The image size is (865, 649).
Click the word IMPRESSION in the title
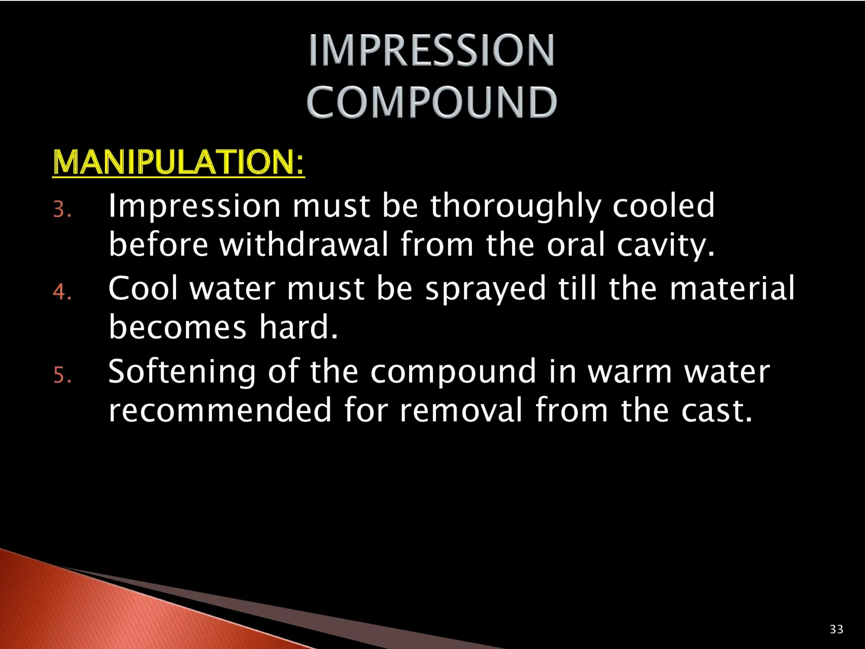pos(431,50)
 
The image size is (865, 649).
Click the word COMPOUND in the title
pos(431,102)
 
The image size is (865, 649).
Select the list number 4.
pos(62,292)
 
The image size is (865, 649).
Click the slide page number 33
pos(836,629)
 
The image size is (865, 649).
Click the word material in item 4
pos(732,289)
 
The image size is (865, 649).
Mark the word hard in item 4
pos(298,327)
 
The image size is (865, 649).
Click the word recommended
pos(220,410)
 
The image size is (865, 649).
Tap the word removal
pos(461,410)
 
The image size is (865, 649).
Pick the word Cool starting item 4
pos(143,289)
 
